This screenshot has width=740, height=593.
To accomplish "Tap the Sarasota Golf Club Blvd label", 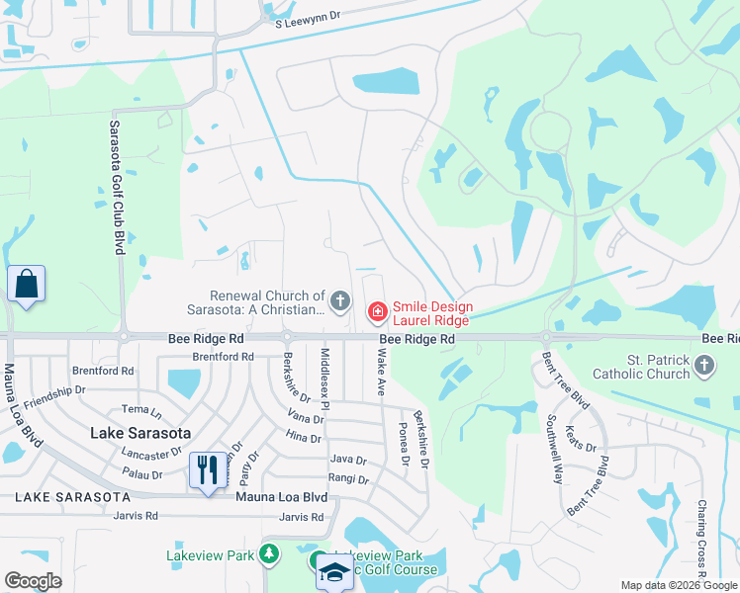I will [x=115, y=187].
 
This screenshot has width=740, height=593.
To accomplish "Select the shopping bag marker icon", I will [x=26, y=285].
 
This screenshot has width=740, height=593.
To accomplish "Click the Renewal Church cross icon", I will [x=340, y=300].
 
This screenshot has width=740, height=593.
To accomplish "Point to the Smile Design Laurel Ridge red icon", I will [x=376, y=312].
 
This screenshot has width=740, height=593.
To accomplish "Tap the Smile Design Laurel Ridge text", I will [x=433, y=313].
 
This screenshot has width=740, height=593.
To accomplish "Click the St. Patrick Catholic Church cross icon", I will [x=703, y=367].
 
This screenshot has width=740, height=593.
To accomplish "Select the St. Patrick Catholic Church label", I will [x=641, y=367].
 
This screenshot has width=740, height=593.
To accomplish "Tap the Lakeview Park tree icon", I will [x=269, y=555].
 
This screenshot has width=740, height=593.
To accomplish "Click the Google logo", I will [x=33, y=581].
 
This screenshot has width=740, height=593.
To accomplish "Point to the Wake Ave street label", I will [x=380, y=373].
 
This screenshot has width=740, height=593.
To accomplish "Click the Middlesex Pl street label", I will [x=324, y=371].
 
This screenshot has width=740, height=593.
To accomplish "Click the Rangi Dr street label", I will [x=348, y=480].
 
